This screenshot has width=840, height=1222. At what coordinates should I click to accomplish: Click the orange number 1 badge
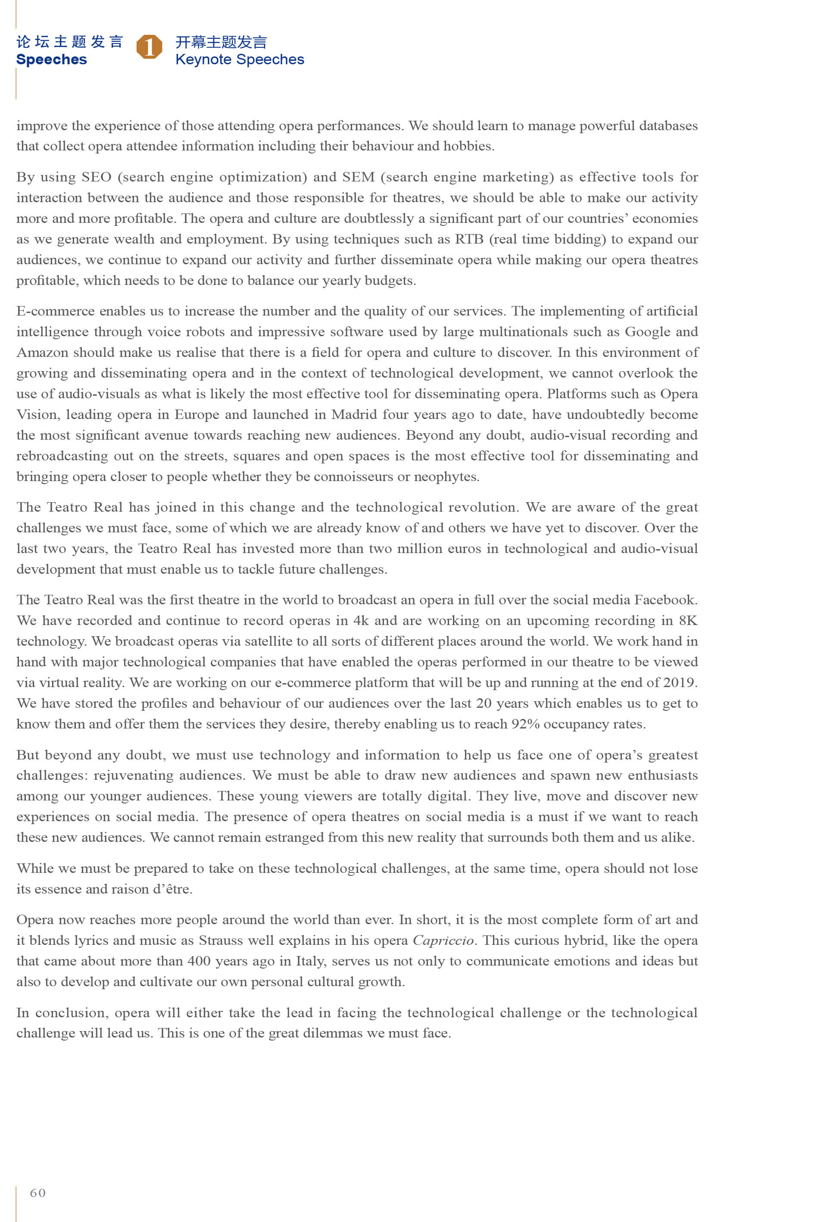(150, 47)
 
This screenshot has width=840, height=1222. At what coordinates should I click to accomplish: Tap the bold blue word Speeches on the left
(52, 59)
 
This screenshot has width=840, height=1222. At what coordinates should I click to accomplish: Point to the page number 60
(38, 1193)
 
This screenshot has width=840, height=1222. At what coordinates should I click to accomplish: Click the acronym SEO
(96, 177)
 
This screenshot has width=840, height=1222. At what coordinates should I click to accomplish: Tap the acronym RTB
(469, 240)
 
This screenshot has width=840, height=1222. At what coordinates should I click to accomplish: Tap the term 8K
(688, 620)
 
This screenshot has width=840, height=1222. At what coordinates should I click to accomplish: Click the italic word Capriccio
(443, 941)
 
